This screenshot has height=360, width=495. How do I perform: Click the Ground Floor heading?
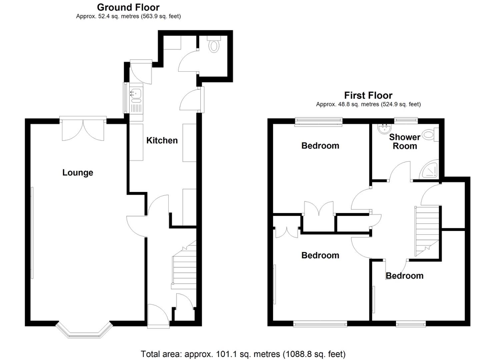click(128, 7)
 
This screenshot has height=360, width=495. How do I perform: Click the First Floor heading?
click(368, 95)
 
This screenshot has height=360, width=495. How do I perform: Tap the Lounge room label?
click(78, 172)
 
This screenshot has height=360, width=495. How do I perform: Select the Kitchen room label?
click(162, 140)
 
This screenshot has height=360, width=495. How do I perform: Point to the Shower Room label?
click(405, 142)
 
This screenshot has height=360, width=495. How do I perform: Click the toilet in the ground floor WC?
click(214, 45)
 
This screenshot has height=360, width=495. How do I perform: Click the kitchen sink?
click(136, 95)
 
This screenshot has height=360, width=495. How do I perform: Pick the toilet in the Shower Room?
click(430, 135)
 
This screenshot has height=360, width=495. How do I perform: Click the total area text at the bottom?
click(243, 354)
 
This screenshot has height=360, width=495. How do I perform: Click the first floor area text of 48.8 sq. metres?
click(368, 104)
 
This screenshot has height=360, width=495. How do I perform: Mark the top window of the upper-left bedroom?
click(319, 122)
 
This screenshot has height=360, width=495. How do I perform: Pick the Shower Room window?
click(406, 120)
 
